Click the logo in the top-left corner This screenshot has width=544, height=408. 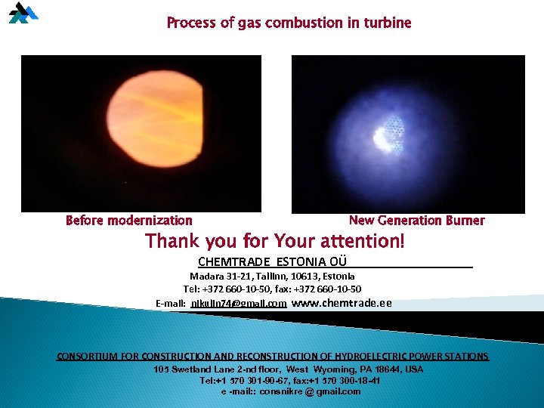point(23,13)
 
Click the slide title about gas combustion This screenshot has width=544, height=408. point(289,23)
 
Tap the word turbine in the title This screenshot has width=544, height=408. point(387,23)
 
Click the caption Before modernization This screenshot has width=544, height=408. point(129,221)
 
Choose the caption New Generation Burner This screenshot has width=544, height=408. point(416,221)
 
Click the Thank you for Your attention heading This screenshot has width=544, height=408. point(275,242)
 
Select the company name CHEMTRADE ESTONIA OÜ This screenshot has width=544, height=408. point(272,261)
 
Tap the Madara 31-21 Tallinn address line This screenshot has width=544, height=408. point(272,277)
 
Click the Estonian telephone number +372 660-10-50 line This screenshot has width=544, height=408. point(272,289)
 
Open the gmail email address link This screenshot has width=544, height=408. point(238,304)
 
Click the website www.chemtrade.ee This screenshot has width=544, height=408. point(342,303)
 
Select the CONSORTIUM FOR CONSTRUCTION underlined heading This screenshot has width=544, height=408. point(273,357)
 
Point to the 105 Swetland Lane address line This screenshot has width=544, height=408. point(288,369)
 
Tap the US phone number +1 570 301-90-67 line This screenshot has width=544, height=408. point(290,381)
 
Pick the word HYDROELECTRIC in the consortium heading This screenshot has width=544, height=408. point(366,357)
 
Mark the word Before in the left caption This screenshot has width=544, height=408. point(85,221)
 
